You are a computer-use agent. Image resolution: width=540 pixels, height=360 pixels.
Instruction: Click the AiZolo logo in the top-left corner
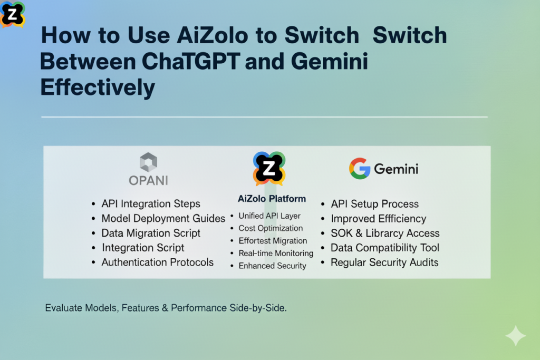pos(13,14)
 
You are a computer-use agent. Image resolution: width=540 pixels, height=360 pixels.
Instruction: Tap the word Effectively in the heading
pos(98,87)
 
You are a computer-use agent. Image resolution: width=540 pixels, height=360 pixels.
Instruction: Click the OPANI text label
pos(148,180)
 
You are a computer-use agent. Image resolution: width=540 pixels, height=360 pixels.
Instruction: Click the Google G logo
pos(359,169)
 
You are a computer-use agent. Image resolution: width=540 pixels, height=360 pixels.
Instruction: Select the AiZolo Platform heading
pos(272,199)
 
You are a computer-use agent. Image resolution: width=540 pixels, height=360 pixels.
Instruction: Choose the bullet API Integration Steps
pos(151,203)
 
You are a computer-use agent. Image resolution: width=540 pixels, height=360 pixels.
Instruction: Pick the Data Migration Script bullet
pos(151,233)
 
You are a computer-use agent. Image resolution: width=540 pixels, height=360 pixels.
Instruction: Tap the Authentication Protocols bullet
pos(157,262)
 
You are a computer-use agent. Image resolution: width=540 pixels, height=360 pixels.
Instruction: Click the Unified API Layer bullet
pos(269,216)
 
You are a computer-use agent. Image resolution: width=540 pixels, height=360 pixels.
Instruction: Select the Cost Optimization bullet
pos(271,228)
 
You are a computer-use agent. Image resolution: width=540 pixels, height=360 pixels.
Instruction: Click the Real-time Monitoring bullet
pos(276,253)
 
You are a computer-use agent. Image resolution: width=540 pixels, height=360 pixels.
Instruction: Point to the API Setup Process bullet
pos(374,204)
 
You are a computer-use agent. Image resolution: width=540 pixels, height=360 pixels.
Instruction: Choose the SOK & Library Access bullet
pos(385,233)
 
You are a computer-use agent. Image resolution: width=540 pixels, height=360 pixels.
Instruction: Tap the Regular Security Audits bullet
pos(384,262)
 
